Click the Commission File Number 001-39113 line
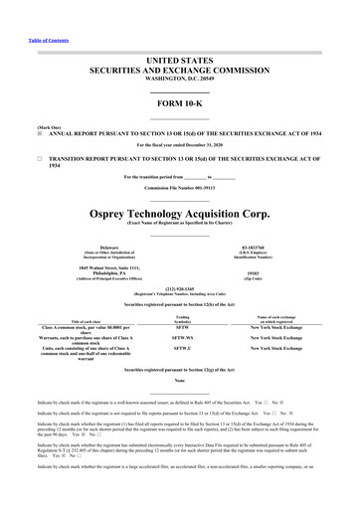(x=180, y=187)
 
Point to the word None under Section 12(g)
(x=180, y=408)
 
